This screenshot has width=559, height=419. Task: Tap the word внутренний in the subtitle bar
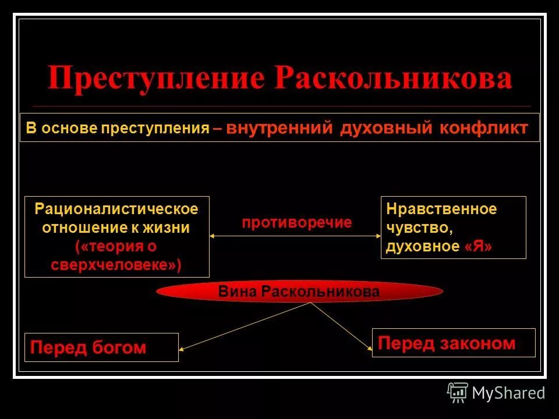coord(279,128)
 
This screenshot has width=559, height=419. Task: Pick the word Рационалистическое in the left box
coord(116,208)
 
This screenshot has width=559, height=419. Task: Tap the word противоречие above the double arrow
coord(297,222)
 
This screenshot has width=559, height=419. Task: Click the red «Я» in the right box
coord(479,247)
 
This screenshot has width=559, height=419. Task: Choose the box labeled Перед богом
coord(101,347)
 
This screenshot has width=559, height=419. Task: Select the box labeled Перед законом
coord(453,343)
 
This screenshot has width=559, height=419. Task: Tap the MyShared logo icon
coord(457,392)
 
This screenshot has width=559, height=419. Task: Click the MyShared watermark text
coord(508,393)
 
